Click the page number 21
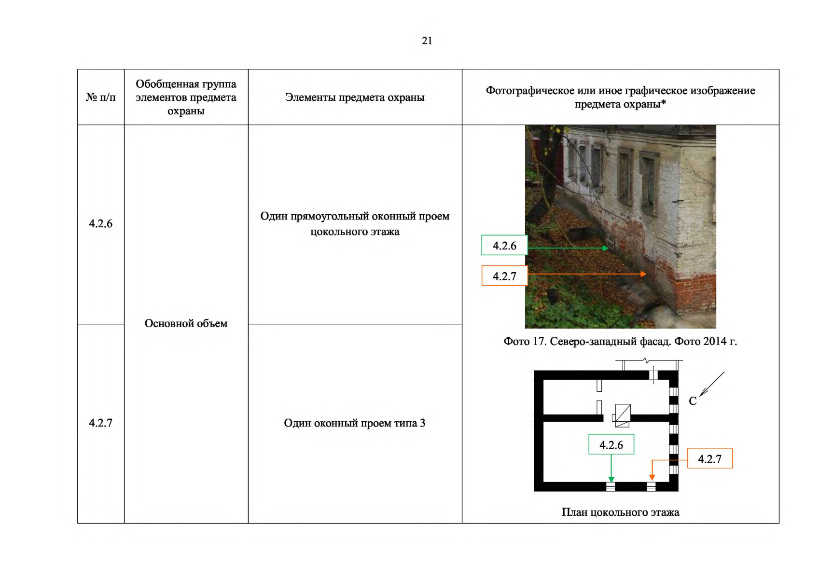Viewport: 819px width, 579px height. pyautogui.click(x=427, y=41)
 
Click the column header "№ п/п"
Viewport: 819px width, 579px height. pyautogui.click(x=101, y=97)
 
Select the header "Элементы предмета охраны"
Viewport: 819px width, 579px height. pyautogui.click(x=355, y=97)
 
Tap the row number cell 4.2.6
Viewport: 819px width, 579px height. pyautogui.click(x=100, y=224)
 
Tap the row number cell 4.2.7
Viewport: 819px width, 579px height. pyautogui.click(x=100, y=423)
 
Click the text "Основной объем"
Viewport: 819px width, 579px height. pyautogui.click(x=186, y=323)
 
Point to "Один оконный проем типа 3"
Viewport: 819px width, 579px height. pyautogui.click(x=355, y=423)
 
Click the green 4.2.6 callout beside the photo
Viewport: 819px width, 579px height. pyautogui.click(x=504, y=246)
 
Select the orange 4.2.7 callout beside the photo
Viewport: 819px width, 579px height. pyautogui.click(x=504, y=276)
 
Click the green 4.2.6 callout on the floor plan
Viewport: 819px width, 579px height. pyautogui.click(x=611, y=445)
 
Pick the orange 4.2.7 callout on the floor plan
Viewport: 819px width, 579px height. pyautogui.click(x=709, y=459)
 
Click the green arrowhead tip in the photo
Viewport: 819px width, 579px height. pyautogui.click(x=607, y=248)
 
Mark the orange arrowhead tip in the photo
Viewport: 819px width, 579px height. pyautogui.click(x=645, y=274)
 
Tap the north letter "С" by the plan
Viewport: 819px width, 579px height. pyautogui.click(x=693, y=401)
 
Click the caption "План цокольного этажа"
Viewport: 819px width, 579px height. pyautogui.click(x=620, y=512)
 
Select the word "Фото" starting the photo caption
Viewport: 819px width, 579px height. pyautogui.click(x=517, y=342)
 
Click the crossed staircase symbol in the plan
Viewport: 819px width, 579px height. pyautogui.click(x=622, y=415)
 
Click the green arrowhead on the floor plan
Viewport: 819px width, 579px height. pyautogui.click(x=611, y=480)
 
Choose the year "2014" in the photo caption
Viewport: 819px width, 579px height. pyautogui.click(x=715, y=342)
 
